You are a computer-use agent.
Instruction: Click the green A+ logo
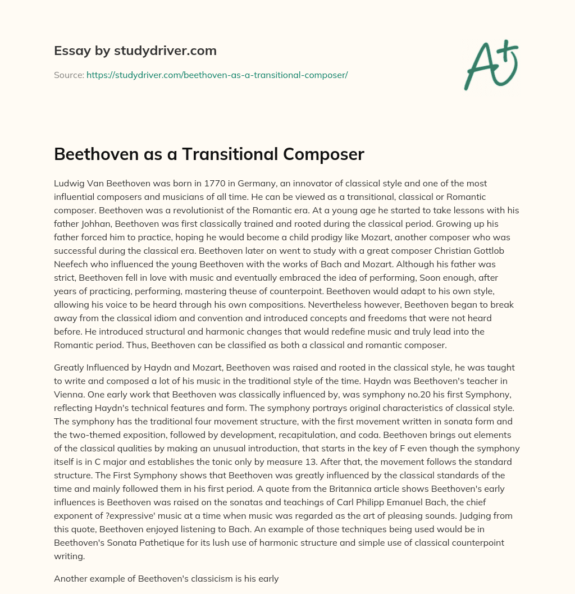click(x=491, y=65)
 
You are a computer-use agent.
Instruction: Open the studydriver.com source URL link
click(x=217, y=75)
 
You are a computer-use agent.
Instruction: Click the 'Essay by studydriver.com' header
click(x=135, y=51)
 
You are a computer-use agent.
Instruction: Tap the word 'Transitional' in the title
click(x=225, y=154)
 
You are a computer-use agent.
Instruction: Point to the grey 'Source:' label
click(x=69, y=75)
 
